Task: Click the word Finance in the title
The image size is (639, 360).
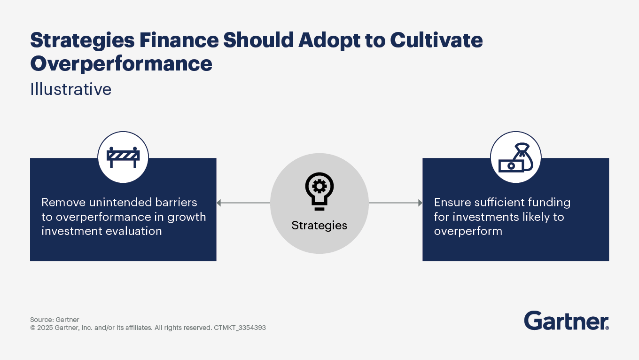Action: pyautogui.click(x=179, y=40)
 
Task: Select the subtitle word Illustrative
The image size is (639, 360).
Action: pyautogui.click(x=71, y=89)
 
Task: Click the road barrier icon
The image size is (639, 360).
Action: pyautogui.click(x=123, y=157)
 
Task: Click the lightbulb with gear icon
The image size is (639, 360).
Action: pyautogui.click(x=319, y=191)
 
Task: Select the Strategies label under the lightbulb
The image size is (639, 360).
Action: pyautogui.click(x=319, y=226)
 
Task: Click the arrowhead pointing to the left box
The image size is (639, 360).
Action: pyautogui.click(x=219, y=203)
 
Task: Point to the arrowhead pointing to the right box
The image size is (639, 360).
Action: pyautogui.click(x=420, y=203)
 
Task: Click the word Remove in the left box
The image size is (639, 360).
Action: pyautogui.click(x=63, y=202)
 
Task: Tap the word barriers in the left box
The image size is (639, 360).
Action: pyautogui.click(x=176, y=202)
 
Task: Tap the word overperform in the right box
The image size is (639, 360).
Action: pyautogui.click(x=468, y=232)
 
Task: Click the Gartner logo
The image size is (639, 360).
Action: pyautogui.click(x=567, y=321)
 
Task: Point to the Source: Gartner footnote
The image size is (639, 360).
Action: pyautogui.click(x=55, y=320)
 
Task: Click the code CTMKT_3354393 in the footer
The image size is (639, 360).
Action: pyautogui.click(x=240, y=328)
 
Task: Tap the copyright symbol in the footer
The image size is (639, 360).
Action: pyautogui.click(x=33, y=328)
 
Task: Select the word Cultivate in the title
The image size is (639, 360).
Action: pyautogui.click(x=436, y=40)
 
